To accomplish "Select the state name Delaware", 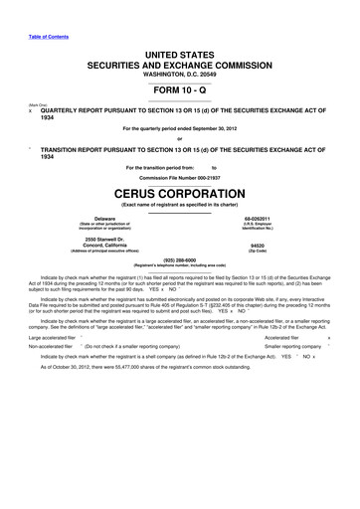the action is [x=104, y=217].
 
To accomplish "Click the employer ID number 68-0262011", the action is [x=258, y=217].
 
